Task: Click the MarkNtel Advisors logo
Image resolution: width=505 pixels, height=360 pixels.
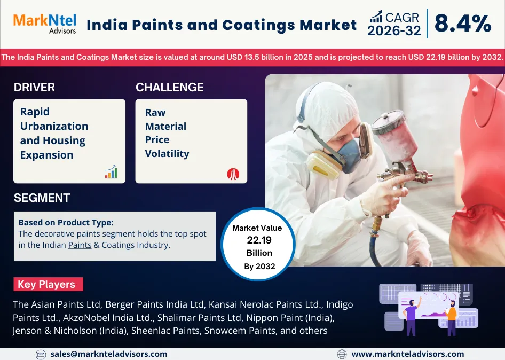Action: coord(45,24)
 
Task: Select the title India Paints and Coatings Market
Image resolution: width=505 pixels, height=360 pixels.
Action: coord(222,25)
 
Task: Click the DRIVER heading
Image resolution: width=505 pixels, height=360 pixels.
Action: coord(34,87)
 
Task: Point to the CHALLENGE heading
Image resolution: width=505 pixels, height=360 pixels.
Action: coord(170,87)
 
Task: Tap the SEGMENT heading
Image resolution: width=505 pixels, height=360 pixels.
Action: coord(42,198)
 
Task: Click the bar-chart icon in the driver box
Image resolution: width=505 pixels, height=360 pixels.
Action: coord(111,171)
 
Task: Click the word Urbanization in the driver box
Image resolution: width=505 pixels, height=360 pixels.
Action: coord(54,126)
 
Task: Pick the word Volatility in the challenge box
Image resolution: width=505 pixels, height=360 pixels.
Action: coord(167,154)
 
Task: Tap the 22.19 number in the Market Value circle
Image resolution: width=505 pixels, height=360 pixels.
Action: coord(259,240)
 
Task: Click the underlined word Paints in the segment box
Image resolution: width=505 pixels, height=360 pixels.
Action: coord(80,245)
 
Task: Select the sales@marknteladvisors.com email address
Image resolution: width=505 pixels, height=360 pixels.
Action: coord(109,354)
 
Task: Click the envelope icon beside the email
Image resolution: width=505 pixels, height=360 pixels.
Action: coord(41,354)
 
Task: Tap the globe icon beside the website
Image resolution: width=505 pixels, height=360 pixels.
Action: coord(342,354)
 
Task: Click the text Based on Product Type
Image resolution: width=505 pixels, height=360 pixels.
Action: coord(66,223)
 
